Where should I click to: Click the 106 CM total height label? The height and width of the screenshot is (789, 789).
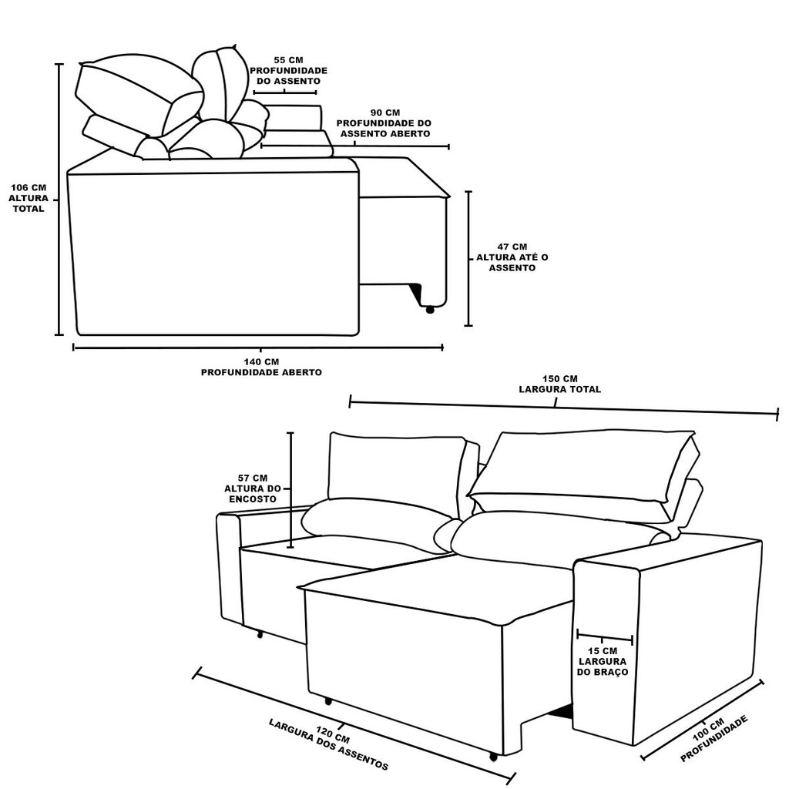coord(28,198)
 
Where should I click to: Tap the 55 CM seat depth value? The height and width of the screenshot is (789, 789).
coord(288,59)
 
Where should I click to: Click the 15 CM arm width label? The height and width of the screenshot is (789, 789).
coord(603,662)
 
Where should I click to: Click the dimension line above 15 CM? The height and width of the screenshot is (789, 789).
coord(604,639)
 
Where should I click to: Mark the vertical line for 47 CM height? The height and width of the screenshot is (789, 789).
coord(468,258)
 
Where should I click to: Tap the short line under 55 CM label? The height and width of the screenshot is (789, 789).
coord(284,92)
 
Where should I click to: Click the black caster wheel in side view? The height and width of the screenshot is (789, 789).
coord(430,309)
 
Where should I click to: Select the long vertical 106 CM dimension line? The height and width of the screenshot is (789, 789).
coord(59,200)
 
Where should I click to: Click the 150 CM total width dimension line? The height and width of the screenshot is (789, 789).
coord(562,408)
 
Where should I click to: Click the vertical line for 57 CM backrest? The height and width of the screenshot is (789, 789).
coord(290,489)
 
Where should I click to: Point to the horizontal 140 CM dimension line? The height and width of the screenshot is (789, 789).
coord(258,347)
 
